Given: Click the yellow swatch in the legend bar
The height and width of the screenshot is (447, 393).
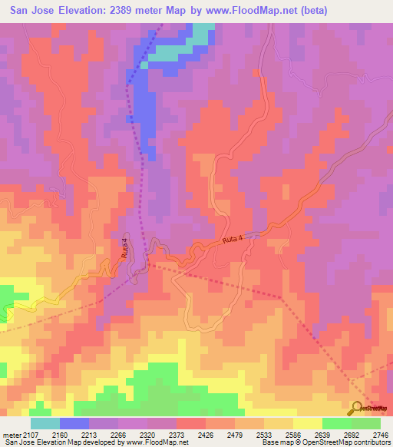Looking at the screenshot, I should (x=308, y=423).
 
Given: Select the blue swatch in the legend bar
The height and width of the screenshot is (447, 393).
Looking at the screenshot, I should (x=74, y=423).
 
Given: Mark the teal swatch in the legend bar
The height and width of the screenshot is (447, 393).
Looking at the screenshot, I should (x=45, y=423).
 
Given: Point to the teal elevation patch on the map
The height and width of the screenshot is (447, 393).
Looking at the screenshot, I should (x=201, y=35).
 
